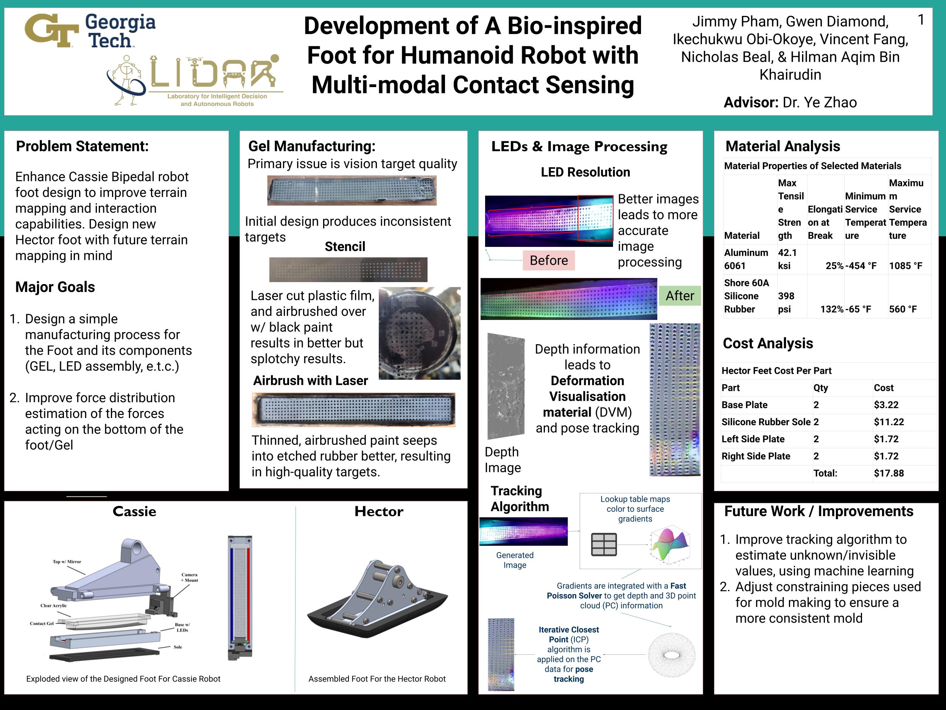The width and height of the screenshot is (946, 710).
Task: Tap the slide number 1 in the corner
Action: (921, 20)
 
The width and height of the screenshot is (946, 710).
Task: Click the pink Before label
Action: (549, 260)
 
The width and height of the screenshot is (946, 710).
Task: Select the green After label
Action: (680, 296)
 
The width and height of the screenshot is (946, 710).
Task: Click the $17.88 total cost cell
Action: (889, 473)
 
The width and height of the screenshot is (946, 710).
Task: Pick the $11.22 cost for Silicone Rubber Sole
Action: (889, 422)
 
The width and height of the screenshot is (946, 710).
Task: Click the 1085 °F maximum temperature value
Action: (905, 266)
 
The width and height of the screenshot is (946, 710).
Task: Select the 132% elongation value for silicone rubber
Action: (831, 309)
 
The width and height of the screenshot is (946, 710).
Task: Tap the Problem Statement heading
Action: (82, 147)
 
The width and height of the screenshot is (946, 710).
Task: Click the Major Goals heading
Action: (55, 287)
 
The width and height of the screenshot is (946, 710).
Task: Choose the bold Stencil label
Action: (345, 247)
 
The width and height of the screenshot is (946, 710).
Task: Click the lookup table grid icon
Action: (604, 545)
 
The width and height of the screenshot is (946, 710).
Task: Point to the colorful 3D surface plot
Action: (670, 545)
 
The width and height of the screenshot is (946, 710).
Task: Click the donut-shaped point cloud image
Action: (671, 655)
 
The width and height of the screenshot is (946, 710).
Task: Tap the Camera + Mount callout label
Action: (190, 577)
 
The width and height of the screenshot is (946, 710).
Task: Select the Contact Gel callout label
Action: (42, 623)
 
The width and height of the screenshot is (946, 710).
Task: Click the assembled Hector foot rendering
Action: (377, 599)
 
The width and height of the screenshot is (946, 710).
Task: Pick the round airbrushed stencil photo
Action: (419, 333)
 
